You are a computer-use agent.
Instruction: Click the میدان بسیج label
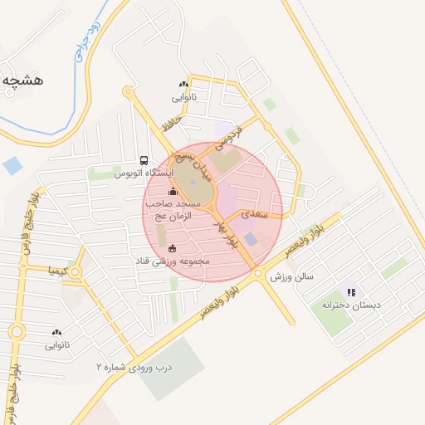pos(198,164)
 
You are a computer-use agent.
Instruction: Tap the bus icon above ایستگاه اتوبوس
pos(144,160)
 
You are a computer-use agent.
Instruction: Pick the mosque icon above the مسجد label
pos(173,193)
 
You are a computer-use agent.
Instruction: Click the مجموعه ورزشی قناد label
pos(173,261)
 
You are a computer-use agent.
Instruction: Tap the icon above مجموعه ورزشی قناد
pos(172,248)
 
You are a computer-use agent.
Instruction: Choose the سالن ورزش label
pos(297,276)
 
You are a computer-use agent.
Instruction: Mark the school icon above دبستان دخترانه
pos(352,292)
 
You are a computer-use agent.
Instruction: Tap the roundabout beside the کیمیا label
pos(76,271)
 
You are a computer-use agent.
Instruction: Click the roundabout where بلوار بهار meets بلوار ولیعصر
pos(258,273)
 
